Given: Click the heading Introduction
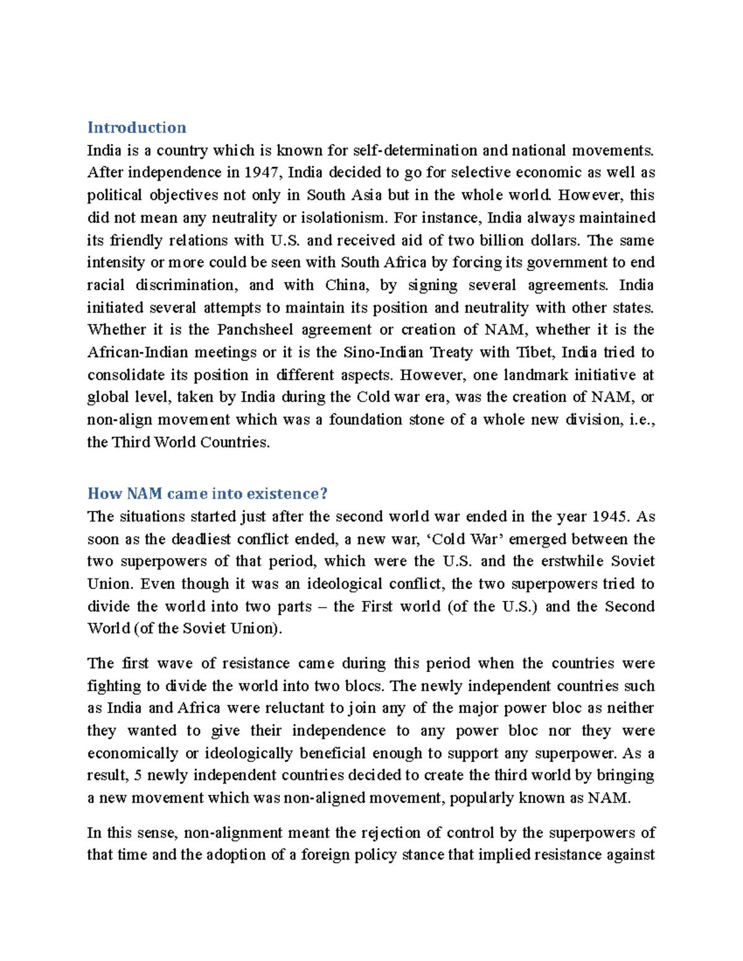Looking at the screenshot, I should click(136, 127).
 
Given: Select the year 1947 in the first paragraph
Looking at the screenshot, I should click(261, 173).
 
